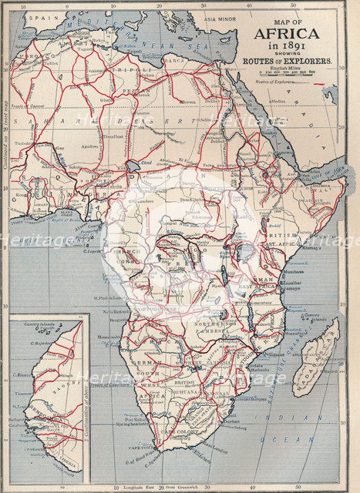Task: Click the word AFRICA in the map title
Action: pyautogui.click(x=286, y=33)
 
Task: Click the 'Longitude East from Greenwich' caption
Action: pyautogui.click(x=166, y=487)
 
